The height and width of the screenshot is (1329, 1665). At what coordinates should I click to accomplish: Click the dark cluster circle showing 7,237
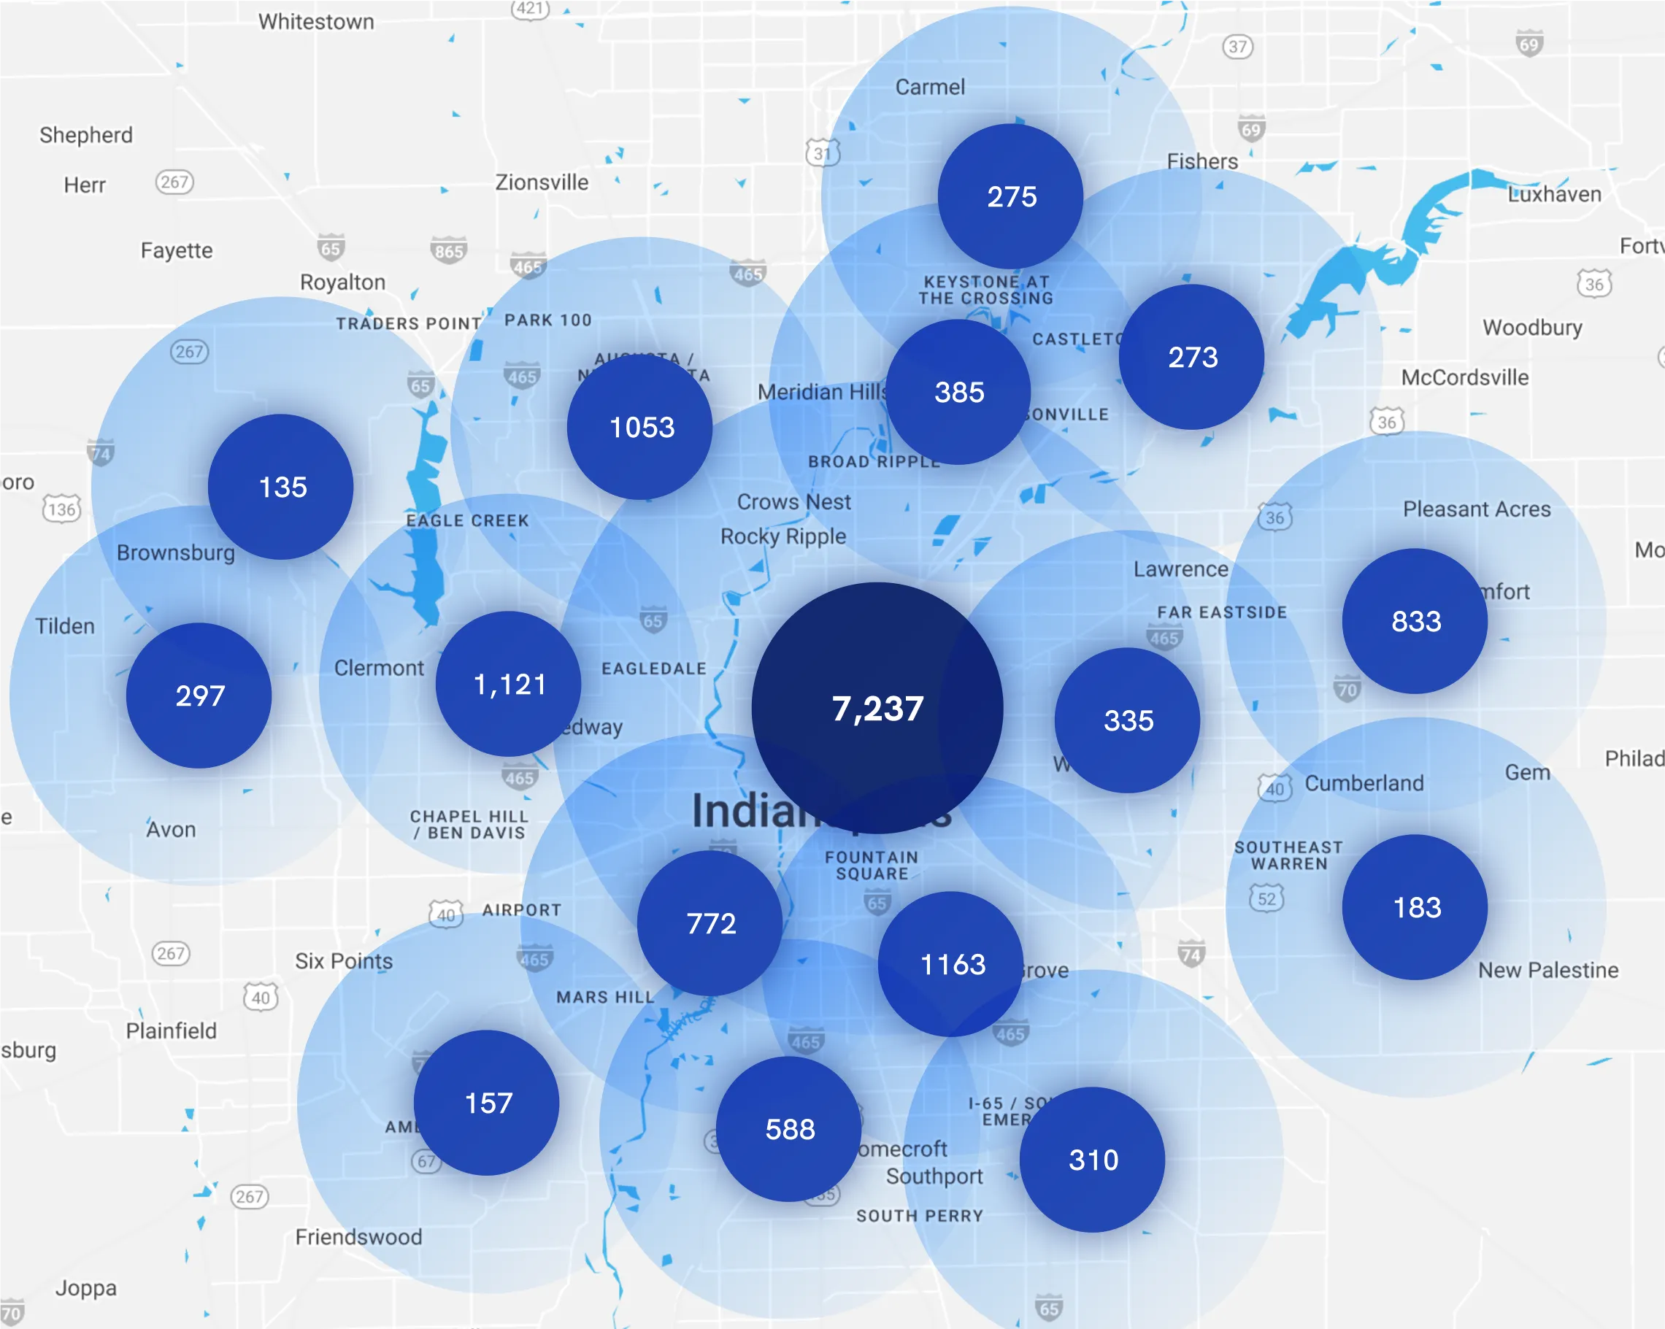(877, 708)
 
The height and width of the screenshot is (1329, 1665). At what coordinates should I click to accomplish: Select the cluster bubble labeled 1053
(640, 427)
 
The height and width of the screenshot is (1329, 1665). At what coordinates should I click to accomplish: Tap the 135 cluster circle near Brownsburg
(281, 488)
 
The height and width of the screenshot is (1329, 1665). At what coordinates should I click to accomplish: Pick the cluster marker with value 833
(1415, 621)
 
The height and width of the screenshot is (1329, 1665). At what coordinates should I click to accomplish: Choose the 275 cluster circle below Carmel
(1010, 196)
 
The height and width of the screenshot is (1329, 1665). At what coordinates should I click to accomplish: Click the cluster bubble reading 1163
(951, 964)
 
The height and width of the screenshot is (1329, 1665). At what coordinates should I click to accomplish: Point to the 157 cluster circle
(487, 1103)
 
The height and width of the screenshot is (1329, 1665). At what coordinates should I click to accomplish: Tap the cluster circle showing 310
(1092, 1159)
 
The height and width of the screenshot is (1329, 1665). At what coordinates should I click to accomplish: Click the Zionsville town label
(542, 182)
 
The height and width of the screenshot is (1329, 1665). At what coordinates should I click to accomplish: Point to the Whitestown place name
(316, 22)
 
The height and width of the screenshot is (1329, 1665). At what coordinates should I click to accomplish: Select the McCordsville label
(1464, 377)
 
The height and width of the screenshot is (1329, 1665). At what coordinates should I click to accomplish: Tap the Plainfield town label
(171, 1031)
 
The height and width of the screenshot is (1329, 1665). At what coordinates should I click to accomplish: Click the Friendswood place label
(358, 1236)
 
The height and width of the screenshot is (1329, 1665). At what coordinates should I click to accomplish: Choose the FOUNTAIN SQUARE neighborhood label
(871, 865)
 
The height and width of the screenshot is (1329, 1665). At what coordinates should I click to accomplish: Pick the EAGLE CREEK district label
(467, 520)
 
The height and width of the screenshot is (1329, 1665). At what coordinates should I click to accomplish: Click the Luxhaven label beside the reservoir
(1554, 194)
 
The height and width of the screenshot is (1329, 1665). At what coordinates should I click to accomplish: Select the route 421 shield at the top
(530, 9)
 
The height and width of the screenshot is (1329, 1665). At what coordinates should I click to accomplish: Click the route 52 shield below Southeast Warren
(1266, 898)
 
